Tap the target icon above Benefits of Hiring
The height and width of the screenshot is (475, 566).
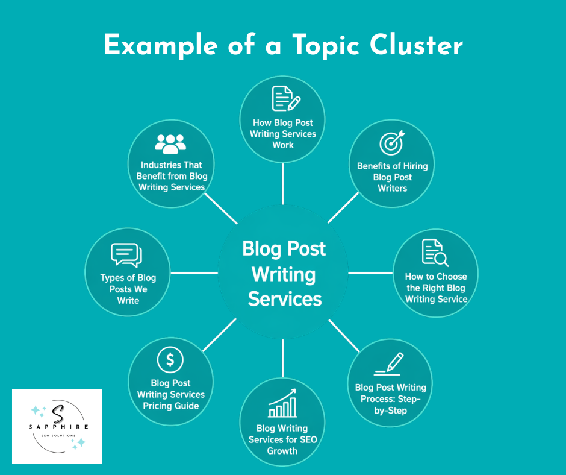392,143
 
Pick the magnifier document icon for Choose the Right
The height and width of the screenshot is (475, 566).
435,253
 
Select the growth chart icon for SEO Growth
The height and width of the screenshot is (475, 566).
282,404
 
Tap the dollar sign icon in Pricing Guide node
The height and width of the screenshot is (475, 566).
170,360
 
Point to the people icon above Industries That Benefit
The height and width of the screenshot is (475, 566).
171,143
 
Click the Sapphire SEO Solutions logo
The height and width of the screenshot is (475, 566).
57,426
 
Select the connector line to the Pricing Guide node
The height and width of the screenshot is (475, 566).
220,335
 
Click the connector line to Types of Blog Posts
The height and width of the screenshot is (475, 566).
194,273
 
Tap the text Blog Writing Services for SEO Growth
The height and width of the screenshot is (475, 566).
282,439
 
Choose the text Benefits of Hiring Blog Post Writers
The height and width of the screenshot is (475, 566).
392,177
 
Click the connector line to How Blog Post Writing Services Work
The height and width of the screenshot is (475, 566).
282,183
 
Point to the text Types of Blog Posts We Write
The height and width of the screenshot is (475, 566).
128,289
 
